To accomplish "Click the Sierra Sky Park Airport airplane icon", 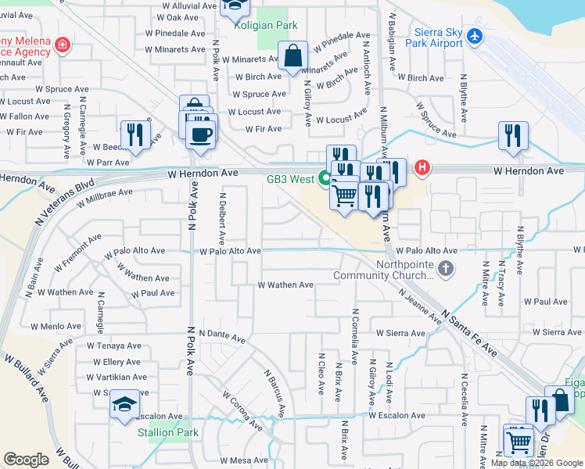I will click(x=474, y=36).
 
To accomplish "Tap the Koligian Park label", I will click(x=266, y=25).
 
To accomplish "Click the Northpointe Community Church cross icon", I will click(x=445, y=270).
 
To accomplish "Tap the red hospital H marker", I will click(x=422, y=166).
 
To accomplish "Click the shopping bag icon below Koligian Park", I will click(x=293, y=57).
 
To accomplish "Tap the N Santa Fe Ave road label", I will click(x=469, y=332).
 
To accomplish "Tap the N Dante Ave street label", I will click(x=222, y=336).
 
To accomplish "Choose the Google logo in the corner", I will click(x=26, y=460).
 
